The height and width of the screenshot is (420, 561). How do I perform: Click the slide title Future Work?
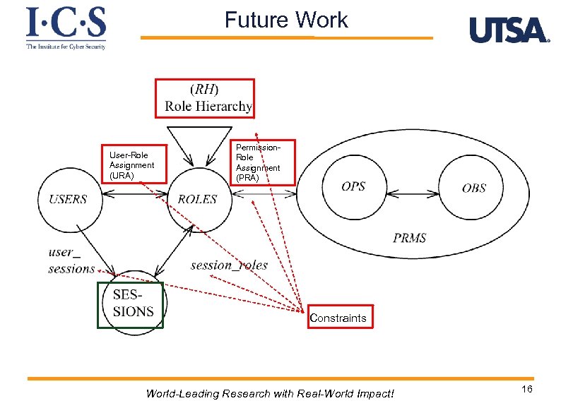point(286,20)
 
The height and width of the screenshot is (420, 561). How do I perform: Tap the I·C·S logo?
point(66,23)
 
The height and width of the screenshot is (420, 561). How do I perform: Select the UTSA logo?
point(509,30)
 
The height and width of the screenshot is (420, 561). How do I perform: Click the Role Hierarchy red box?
point(205,98)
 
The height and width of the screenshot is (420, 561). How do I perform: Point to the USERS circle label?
point(68,199)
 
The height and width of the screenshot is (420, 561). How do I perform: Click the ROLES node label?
point(197,199)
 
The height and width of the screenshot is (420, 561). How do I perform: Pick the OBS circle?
point(473,188)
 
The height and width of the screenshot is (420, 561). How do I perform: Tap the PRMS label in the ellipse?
point(410,237)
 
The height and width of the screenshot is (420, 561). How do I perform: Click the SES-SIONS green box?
point(131,305)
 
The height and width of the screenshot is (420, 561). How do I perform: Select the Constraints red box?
point(338,318)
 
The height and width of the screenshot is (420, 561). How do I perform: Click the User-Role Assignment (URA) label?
point(133,164)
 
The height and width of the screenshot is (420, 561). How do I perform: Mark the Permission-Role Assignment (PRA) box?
point(263,162)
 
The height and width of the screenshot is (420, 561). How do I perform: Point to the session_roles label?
point(229,265)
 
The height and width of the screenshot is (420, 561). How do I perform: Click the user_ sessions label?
point(71,260)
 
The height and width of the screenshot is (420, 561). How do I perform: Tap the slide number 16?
point(527,391)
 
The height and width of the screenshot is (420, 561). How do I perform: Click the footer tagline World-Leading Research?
point(270,394)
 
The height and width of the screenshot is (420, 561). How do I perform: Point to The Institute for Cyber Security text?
point(66,47)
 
